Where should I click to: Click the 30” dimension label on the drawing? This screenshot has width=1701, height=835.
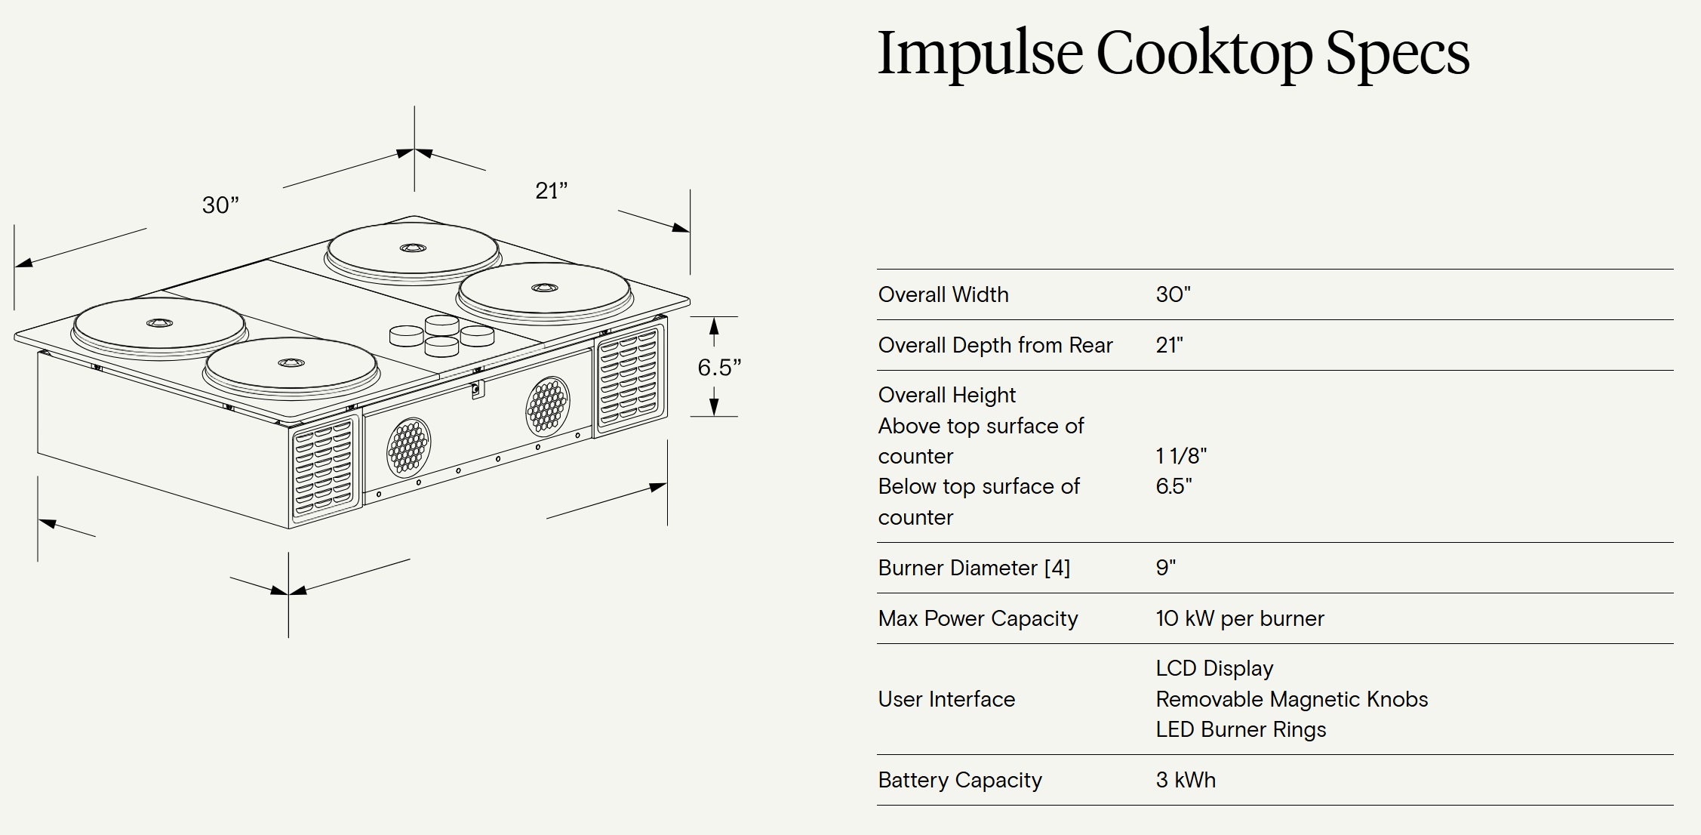pos(220,205)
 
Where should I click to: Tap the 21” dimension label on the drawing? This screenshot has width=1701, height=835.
pos(551,191)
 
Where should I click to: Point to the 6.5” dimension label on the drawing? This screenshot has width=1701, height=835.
pos(718,368)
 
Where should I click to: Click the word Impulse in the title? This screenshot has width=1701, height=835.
pos(980,54)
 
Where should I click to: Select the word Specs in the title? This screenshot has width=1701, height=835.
pos(1397,54)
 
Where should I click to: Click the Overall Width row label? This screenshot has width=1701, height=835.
pos(943,294)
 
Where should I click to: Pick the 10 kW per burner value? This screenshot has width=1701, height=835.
pos(1239,618)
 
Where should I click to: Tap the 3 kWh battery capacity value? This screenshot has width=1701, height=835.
pos(1186,780)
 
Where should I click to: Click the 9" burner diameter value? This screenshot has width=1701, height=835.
pos(1165,568)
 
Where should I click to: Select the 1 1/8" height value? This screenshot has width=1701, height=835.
pos(1180,456)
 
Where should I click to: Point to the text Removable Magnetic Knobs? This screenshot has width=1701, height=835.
pos(1291,699)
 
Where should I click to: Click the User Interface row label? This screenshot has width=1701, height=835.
pos(946,699)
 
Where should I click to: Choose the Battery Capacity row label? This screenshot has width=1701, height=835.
pos(959,780)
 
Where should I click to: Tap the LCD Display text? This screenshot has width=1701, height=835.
pos(1214,668)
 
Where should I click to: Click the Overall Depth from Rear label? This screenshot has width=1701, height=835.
pos(995,345)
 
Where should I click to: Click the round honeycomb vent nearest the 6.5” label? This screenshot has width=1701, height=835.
pos(547,406)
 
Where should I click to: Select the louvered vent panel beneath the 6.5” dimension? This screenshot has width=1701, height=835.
pos(629,377)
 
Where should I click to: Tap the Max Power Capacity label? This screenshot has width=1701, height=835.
pos(977,618)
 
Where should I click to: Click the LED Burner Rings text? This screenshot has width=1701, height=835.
pos(1241,729)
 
